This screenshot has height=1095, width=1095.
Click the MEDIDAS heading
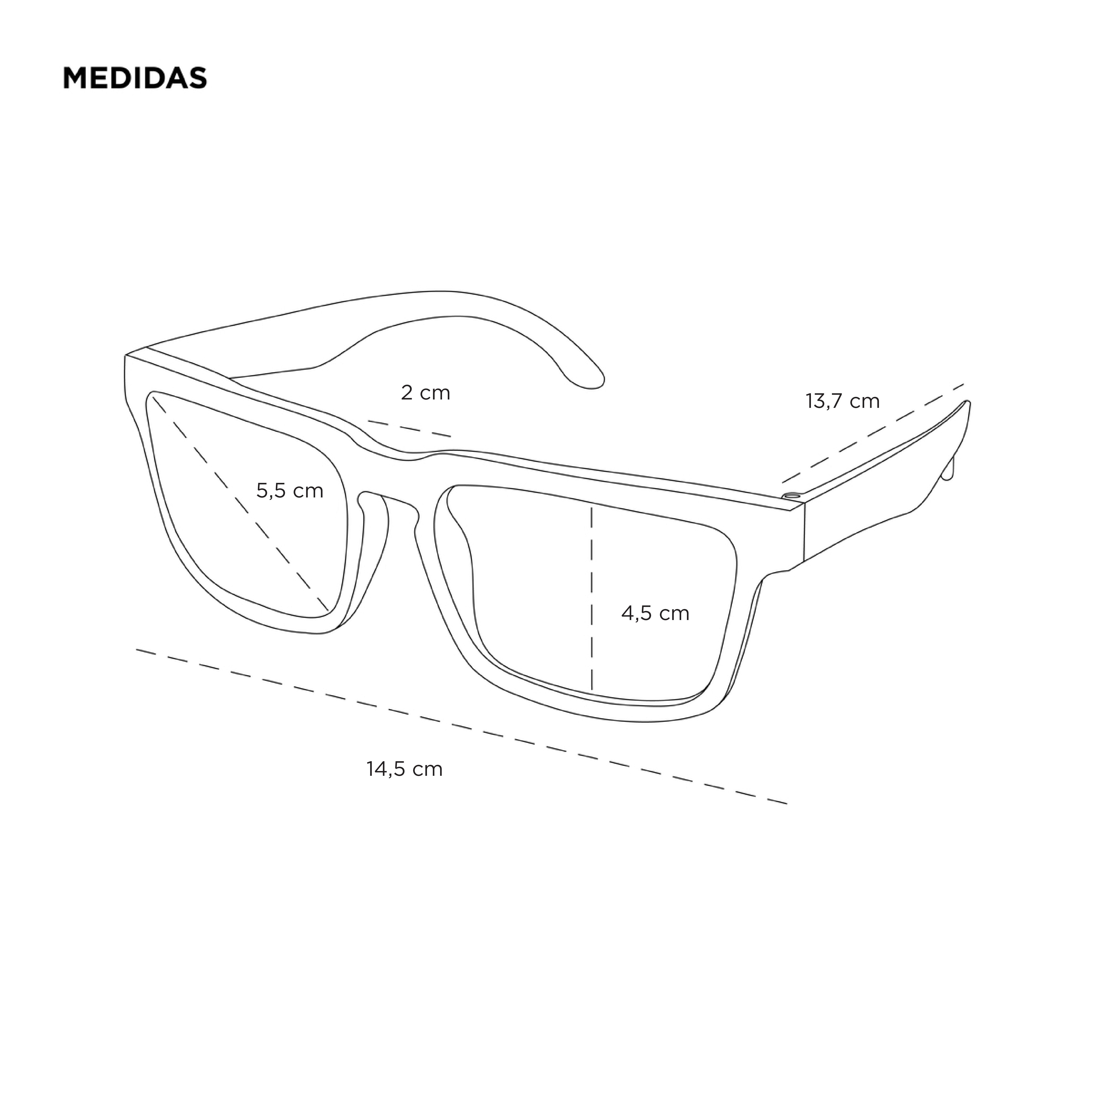135,78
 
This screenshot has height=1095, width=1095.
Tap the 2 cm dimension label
425,392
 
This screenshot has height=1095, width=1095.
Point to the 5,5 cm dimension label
290,490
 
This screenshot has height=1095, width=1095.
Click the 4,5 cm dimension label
655,613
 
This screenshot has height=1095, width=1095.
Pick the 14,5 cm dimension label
404,769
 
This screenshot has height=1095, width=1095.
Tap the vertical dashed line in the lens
592,598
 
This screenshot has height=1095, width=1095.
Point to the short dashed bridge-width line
409,428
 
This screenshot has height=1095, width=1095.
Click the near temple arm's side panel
884,499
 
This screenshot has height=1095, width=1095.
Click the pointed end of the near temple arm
966,404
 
